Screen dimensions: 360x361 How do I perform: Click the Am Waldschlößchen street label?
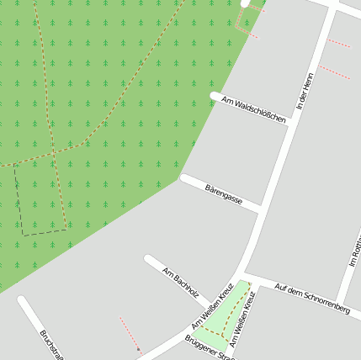pyautogui.click(x=253, y=110)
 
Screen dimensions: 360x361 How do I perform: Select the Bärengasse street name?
pyautogui.click(x=224, y=194)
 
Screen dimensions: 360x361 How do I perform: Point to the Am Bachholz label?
pyautogui.click(x=180, y=283)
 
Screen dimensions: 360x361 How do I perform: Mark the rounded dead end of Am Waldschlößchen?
pyautogui.click(x=215, y=97)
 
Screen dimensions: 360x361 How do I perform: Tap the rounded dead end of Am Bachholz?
pyautogui.click(x=149, y=260)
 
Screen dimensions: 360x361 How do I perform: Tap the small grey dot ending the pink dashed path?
pyautogui.click(x=138, y=349)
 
